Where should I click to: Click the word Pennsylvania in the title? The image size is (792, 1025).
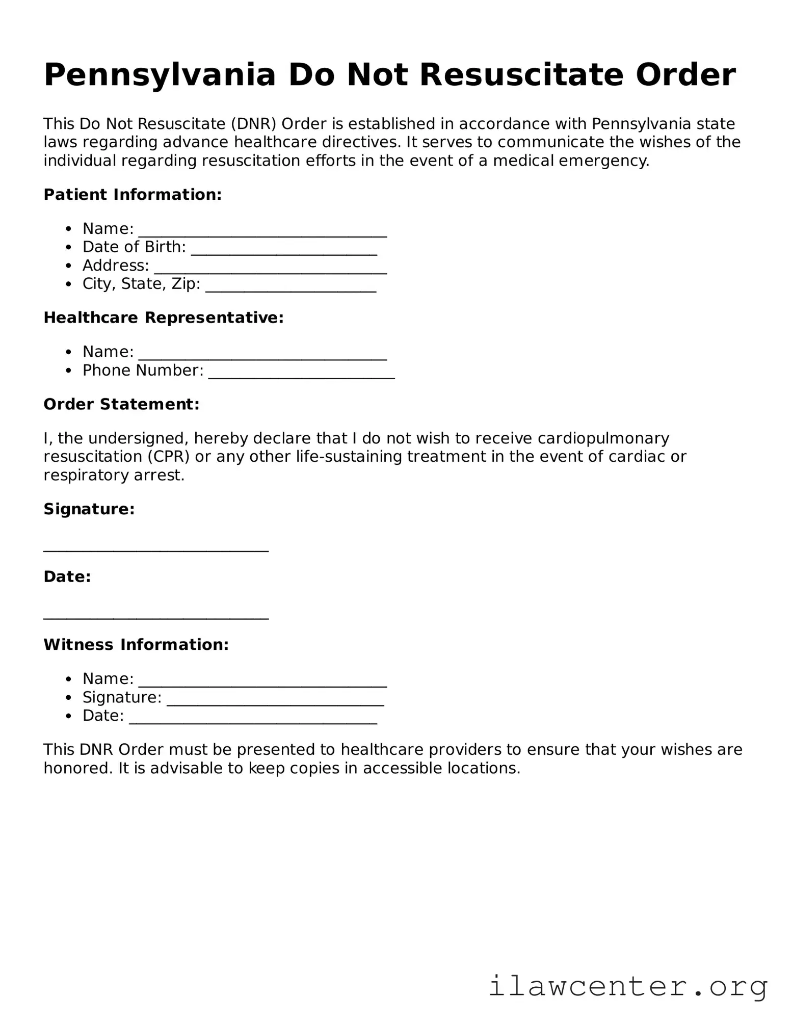160,75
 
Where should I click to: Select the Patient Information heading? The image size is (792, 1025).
133,194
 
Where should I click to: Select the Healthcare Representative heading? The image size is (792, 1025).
163,318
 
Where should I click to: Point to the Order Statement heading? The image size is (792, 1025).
121,404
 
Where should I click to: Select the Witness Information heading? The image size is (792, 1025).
136,644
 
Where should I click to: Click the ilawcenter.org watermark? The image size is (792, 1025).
628,987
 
